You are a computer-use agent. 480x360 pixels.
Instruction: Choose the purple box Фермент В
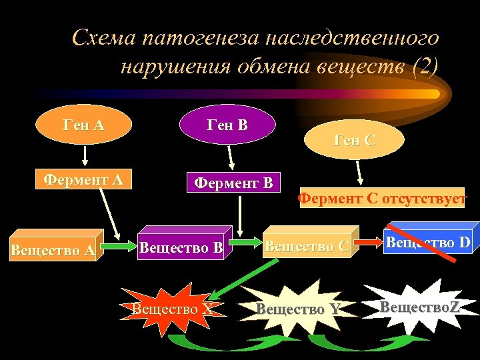233,183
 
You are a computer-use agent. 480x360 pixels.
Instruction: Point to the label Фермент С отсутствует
382,198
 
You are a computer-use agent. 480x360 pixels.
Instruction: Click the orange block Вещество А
53,250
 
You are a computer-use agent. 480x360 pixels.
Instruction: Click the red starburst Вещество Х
173,309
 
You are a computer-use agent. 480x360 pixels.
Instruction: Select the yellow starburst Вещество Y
298,309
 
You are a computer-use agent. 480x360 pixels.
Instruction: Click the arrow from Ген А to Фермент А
85,155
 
